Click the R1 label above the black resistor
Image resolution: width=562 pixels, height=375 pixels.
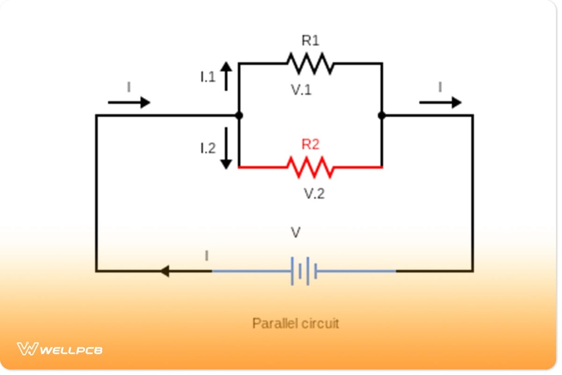[310, 41]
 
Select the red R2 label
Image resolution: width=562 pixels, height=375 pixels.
[310, 144]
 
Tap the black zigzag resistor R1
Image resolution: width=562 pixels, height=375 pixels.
[310, 63]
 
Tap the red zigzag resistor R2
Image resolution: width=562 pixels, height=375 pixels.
[310, 167]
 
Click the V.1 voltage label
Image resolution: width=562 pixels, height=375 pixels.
[301, 90]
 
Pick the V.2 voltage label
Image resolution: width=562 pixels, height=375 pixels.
[314, 193]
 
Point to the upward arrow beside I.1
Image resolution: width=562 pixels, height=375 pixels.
[226, 76]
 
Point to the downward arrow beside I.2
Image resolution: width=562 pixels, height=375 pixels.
[226, 148]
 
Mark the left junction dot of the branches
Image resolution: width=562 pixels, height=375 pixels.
[239, 115]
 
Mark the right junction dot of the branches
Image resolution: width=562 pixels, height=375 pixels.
[382, 115]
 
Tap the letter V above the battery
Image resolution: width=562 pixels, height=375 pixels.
[296, 232]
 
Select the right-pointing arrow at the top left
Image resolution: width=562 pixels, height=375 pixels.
[129, 102]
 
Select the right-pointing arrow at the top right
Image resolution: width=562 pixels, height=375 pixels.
[440, 102]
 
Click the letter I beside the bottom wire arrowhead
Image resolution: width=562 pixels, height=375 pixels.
[207, 256]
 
